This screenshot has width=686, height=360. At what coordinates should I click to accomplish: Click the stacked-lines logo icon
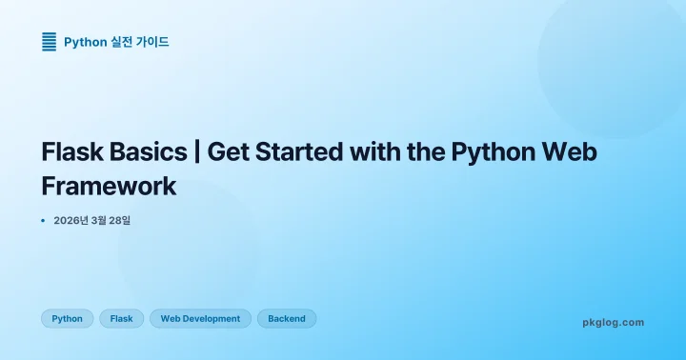[x=49, y=41]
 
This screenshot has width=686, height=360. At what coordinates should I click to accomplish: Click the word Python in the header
[x=85, y=42]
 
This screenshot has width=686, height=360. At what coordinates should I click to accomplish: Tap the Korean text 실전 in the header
[x=123, y=42]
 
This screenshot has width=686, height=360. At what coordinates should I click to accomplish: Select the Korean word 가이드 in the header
[x=153, y=42]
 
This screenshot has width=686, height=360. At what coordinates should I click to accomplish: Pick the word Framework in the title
[x=109, y=185]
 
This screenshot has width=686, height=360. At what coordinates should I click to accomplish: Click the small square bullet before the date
[x=44, y=220]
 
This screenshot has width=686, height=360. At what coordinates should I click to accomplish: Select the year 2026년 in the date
[x=72, y=221]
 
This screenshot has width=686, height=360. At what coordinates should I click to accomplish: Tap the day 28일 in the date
[x=119, y=221]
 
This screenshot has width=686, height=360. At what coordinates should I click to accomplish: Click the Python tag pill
[x=67, y=319]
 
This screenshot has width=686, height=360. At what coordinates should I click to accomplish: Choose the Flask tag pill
[x=121, y=319]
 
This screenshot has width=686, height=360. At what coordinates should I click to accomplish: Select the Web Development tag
[x=200, y=319]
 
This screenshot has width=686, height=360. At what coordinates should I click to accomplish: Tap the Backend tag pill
[x=287, y=319]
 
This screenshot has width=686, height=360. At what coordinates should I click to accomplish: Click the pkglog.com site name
[x=613, y=322]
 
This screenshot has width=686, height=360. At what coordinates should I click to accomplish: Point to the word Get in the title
[x=230, y=152]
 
